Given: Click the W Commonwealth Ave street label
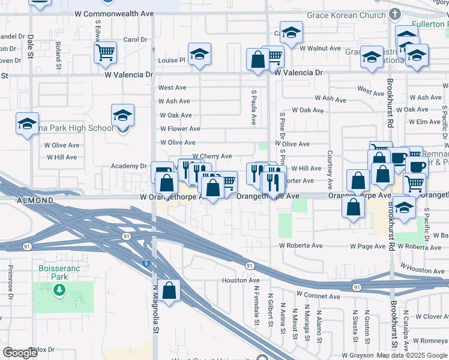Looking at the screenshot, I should pyautogui.click(x=114, y=13).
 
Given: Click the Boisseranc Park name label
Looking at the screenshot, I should pyautogui.click(x=59, y=273).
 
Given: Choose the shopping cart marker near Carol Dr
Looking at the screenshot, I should pyautogui.click(x=105, y=53).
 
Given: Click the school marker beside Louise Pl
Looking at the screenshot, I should pyautogui.click(x=199, y=55).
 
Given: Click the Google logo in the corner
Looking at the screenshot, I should pyautogui.click(x=20, y=353).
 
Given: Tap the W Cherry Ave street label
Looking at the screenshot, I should pyautogui.click(x=212, y=157).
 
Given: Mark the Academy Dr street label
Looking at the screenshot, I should pyautogui.click(x=129, y=166).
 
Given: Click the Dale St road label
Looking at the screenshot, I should pyautogui.click(x=31, y=47).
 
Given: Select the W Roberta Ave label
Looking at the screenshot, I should pyautogui.click(x=301, y=246).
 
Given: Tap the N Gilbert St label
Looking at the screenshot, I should pyautogui.click(x=271, y=310).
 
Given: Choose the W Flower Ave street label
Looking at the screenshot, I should pyautogui.click(x=180, y=129).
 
